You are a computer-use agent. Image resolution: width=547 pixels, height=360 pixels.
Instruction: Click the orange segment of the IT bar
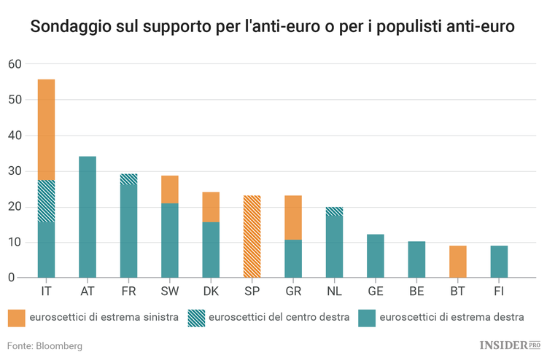(46, 129)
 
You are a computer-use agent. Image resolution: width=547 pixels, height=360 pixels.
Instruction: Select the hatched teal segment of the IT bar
(46, 201)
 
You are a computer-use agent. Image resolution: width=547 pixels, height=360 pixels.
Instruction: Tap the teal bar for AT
(88, 217)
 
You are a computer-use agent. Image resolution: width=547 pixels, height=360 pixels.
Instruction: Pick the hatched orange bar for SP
(252, 237)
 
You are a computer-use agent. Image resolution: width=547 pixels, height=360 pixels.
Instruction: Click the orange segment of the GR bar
(293, 217)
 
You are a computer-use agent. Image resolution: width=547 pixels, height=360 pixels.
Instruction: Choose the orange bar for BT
(457, 262)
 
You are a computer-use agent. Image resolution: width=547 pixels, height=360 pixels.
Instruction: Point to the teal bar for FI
(499, 262)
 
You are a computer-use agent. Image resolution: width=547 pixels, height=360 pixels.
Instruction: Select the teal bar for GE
(375, 256)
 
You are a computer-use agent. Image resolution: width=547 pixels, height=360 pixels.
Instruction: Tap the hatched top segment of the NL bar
(334, 211)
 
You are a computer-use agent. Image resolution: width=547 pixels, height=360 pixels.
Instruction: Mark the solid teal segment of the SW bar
(170, 240)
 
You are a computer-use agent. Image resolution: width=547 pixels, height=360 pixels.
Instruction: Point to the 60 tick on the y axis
(15, 64)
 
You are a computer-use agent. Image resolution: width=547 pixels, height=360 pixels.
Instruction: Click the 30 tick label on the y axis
(15, 171)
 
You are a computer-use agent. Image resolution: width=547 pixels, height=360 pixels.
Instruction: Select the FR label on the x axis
(128, 291)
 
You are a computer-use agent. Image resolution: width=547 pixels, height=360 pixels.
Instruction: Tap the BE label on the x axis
(416, 291)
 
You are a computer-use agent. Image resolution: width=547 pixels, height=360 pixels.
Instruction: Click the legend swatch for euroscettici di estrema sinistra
(17, 318)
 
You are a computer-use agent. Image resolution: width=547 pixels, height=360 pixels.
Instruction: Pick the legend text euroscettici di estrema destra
(451, 318)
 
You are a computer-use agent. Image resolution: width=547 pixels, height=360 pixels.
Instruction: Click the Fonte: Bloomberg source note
(44, 345)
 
